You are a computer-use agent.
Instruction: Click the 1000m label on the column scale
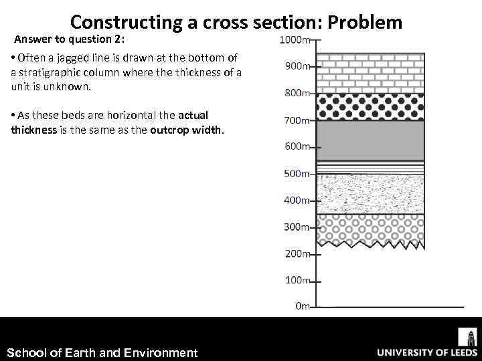(x=296, y=41)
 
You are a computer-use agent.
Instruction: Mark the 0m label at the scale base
(x=303, y=306)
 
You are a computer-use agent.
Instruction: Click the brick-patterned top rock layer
(x=370, y=68)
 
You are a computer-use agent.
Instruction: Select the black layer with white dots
(x=370, y=107)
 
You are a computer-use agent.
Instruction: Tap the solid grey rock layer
(x=370, y=140)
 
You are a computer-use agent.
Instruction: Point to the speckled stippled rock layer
(x=370, y=194)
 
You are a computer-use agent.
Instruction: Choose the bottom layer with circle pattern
(x=370, y=227)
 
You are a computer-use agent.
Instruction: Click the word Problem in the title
(x=367, y=23)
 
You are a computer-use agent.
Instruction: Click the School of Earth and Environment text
(x=102, y=352)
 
